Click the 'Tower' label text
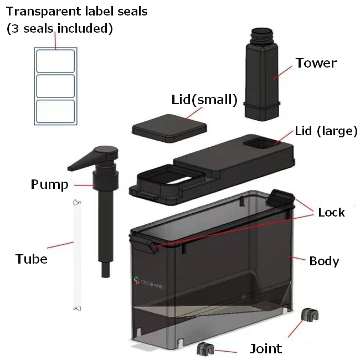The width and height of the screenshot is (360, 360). tap(316, 63)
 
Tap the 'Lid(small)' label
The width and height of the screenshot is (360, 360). tap(204, 100)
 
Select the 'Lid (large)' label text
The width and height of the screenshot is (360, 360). tap(326, 131)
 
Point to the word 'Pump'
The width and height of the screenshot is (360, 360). tap(50, 184)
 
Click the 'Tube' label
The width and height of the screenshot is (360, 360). tap(32, 259)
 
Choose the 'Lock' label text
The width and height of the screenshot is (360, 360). tap(331, 212)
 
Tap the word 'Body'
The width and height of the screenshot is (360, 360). tap(324, 261)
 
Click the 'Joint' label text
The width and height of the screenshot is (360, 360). tap(266, 349)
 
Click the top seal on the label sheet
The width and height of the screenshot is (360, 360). tap(55, 61)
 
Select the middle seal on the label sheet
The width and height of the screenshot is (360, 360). tap(55, 86)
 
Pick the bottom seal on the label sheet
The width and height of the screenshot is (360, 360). tap(55, 111)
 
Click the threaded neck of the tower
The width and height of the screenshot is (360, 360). tap(261, 36)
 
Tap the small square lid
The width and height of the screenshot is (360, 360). tap(169, 128)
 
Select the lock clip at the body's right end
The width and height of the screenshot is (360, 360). tap(280, 198)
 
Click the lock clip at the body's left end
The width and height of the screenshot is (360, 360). tap(144, 245)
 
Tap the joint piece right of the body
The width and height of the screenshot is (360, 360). tap(310, 314)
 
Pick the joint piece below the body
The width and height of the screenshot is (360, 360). tap(205, 349)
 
